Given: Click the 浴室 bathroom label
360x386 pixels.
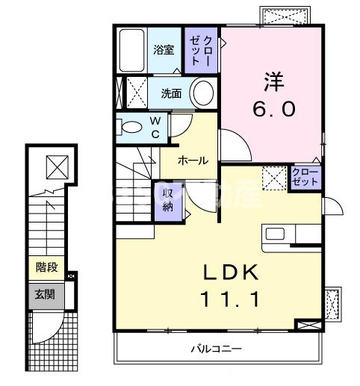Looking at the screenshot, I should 164,50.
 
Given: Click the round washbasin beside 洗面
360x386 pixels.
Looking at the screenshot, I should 202,94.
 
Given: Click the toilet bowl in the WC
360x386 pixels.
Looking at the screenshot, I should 128,125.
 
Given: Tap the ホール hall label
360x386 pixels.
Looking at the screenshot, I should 193,160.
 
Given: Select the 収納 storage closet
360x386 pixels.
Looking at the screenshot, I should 168,201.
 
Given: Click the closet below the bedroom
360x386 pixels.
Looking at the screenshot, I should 305,178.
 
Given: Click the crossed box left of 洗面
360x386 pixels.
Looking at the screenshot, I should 134,93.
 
